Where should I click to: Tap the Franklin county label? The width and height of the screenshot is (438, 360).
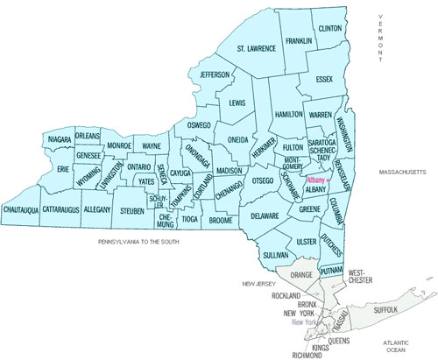[x=298, y=40]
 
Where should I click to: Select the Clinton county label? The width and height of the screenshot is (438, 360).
[x=330, y=29]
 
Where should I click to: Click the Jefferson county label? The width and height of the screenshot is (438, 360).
[x=214, y=74]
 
